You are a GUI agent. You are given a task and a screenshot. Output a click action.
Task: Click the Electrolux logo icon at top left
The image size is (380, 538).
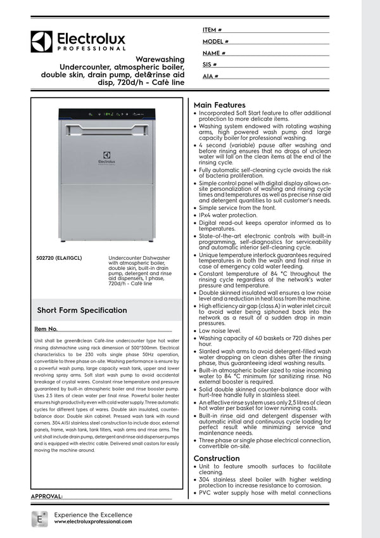(42, 42)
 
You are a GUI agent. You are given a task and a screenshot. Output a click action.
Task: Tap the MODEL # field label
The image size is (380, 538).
(215, 41)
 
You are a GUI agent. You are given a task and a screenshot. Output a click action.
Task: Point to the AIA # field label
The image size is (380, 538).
(211, 76)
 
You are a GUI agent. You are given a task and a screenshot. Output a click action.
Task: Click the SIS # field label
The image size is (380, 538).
(210, 65)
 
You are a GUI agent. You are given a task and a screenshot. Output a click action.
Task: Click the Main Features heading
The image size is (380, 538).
(219, 105)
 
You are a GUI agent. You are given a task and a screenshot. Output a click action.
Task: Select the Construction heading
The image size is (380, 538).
(217, 458)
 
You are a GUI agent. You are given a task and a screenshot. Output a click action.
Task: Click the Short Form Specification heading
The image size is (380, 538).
(82, 311)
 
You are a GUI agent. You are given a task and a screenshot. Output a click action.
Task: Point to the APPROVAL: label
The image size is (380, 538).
(47, 496)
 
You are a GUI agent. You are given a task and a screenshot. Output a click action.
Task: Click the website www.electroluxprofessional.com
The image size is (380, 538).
(93, 522)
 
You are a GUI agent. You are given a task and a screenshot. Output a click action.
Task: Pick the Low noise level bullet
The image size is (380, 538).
(220, 331)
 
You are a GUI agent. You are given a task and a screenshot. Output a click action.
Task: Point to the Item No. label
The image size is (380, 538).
(46, 330)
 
